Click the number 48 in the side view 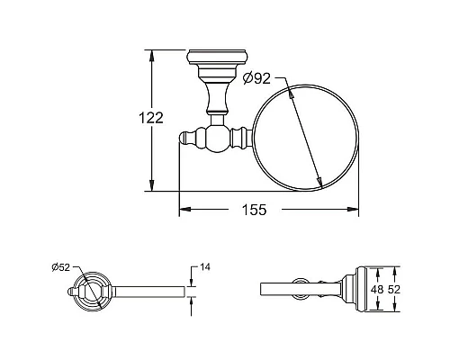coord(377,290)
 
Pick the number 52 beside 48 coord(393,290)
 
